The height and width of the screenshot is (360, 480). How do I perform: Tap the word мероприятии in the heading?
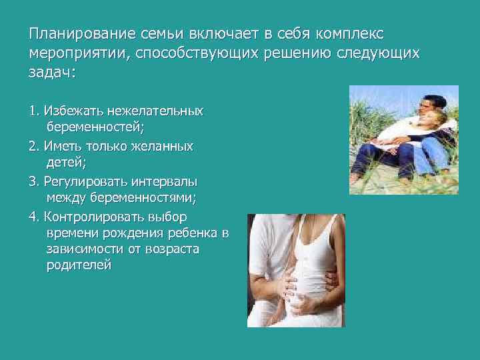(78, 53)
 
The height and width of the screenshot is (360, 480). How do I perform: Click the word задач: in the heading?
(52, 73)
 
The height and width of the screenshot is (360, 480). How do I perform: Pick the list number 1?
(33, 110)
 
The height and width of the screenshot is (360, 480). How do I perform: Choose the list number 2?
(33, 146)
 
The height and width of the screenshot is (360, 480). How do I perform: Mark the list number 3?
(33, 181)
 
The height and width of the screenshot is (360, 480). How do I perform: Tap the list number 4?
(33, 217)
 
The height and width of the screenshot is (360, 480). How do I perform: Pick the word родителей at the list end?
(79, 265)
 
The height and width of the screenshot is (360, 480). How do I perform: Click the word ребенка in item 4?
(196, 233)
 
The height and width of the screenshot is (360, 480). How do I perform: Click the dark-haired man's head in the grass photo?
(427, 105)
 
